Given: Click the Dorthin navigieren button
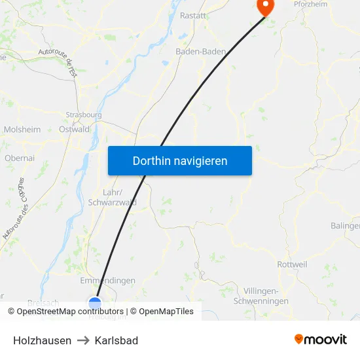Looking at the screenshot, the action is pos(180,160).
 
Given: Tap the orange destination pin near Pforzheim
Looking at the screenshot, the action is pos(266,7).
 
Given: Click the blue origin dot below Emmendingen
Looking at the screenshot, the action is pos(95,302).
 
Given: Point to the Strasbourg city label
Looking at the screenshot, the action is pos(84,115).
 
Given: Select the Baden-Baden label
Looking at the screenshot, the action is pos(201,51).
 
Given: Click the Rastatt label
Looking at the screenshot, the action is pos(193,15).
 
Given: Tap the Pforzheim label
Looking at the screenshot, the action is pos(310,3).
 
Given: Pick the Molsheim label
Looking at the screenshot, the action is pos(22,130).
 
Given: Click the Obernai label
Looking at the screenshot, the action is pos(20,158).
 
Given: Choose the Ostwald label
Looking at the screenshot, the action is pos(74,130).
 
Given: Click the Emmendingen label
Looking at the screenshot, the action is pos(107,281).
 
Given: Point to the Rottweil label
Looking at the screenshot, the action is pos(292,264).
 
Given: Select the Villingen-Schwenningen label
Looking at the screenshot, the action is pos(261,296).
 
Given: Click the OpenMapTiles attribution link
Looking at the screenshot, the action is pos(166,312).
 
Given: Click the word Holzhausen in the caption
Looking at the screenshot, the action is pos(42,340).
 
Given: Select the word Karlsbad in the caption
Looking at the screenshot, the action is pos(116,340).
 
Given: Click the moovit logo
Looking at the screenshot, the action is pos(320,339).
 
